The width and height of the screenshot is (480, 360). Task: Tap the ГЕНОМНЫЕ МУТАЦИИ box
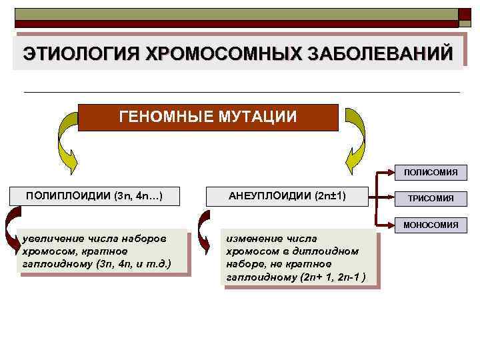tap(208, 117)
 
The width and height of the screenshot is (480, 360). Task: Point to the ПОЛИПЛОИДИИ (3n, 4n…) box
tap(94, 196)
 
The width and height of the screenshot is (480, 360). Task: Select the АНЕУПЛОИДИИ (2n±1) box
tap(287, 196)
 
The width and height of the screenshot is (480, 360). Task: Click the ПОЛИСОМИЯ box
tap(430, 173)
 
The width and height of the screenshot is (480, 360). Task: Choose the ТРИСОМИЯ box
tap(430, 198)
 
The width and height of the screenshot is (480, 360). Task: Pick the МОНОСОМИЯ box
tap(430, 225)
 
